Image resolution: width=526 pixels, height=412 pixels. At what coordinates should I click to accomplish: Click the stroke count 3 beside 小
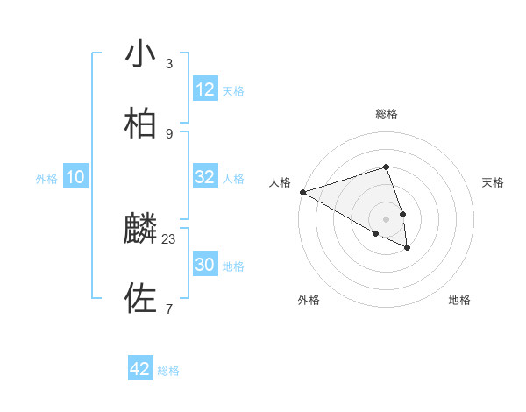point(169,63)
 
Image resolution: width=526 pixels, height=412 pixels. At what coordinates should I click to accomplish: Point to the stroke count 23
point(169,238)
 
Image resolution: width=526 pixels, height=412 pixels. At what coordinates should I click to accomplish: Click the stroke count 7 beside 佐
point(169,309)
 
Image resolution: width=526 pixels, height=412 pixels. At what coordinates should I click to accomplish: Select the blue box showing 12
point(205,89)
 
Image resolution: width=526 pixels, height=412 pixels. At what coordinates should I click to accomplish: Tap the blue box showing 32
point(205,177)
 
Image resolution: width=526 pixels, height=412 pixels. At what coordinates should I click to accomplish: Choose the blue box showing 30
point(205,265)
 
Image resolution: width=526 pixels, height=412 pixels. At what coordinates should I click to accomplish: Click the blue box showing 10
point(75,177)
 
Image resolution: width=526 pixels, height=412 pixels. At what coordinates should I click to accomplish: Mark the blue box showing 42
point(140,369)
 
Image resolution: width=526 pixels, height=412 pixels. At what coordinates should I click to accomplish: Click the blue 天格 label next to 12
point(233,91)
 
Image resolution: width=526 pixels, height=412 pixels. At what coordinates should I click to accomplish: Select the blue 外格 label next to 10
point(46,179)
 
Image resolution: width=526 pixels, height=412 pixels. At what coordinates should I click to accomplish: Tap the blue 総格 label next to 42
point(168,371)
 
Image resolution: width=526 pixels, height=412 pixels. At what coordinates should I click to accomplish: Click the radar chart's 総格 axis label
point(386,114)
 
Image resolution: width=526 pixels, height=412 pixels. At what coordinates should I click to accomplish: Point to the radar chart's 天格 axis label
point(494,182)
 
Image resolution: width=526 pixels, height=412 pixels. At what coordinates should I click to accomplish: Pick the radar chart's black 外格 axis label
point(309,300)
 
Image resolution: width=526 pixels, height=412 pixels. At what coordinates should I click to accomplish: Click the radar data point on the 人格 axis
point(302,192)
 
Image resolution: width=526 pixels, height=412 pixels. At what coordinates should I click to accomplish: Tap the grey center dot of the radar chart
point(386,218)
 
